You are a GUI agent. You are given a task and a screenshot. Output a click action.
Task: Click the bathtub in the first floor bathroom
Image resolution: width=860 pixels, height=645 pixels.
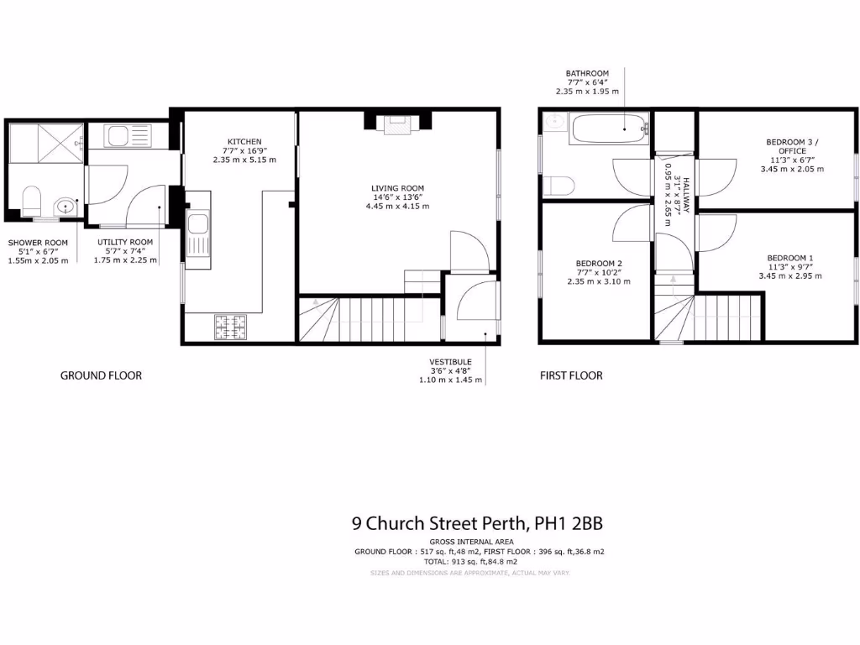610,128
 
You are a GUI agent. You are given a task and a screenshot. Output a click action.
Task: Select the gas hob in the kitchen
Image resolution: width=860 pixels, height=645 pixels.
231,328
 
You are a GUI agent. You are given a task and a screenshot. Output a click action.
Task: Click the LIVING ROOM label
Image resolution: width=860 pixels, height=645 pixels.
398,188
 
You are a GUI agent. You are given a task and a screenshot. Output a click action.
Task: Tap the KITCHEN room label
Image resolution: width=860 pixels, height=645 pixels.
244,141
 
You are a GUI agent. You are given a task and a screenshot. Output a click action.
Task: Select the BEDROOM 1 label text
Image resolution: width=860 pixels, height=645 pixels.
789,258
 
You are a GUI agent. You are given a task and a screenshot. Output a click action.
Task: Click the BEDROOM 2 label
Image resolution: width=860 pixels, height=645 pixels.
598,263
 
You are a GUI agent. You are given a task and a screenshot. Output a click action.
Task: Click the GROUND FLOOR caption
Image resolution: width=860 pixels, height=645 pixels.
101,375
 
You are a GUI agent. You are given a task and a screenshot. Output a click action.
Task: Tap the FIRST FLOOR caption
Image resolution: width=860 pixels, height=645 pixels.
571,375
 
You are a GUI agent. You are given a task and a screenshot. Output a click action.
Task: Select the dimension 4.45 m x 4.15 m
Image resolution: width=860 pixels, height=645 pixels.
398,207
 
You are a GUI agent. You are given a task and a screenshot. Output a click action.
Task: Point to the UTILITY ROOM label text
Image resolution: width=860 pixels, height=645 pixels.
124,242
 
